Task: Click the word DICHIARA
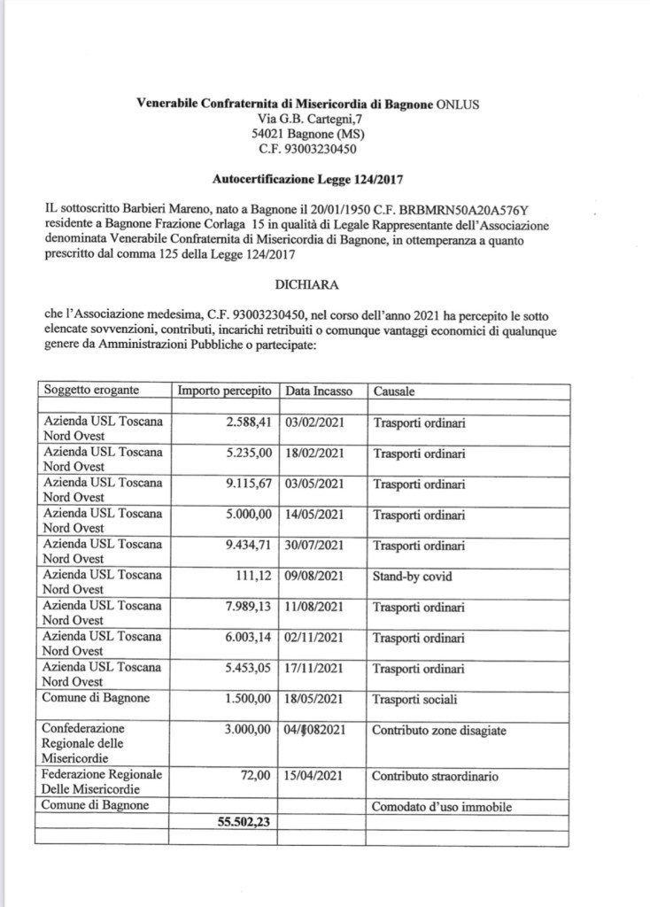tap(307, 286)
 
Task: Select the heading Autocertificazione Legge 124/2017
tap(307, 178)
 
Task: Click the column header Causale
tap(394, 391)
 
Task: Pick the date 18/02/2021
tap(314, 453)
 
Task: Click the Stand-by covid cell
tap(413, 577)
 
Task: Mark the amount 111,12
tap(256, 577)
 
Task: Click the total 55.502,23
tap(244, 821)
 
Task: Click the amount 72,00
tap(260, 777)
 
